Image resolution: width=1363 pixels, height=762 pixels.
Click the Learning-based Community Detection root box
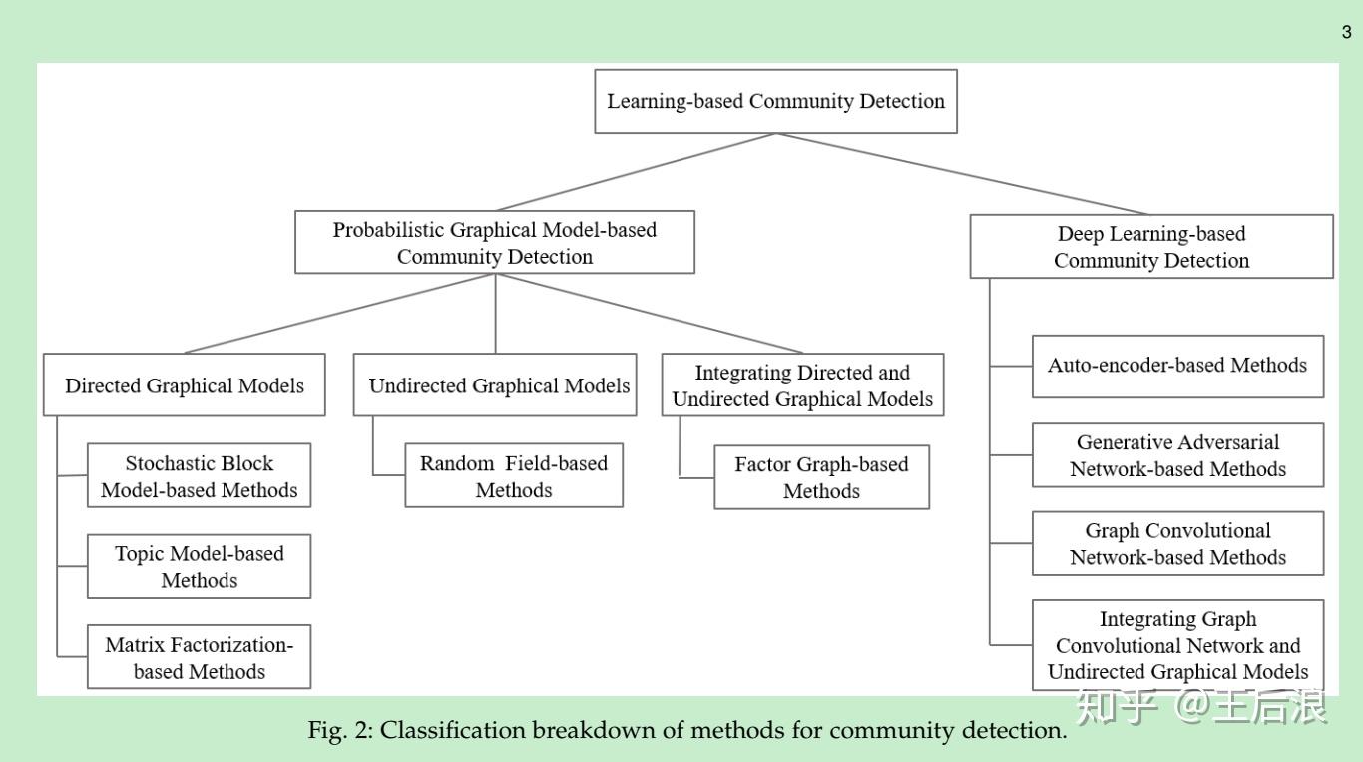[x=775, y=101]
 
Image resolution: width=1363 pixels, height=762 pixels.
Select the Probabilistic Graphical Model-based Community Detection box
[x=495, y=243]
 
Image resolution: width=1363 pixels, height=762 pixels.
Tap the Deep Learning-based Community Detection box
[x=1151, y=247]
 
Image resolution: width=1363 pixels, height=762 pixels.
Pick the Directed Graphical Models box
[x=185, y=385]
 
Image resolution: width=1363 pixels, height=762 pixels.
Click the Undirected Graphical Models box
[x=495, y=385]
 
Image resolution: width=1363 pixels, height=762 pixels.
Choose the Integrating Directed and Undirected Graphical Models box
[x=802, y=385]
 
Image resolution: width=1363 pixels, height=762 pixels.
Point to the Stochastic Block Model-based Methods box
[x=199, y=476]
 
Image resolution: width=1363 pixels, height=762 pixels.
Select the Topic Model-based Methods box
[x=199, y=567]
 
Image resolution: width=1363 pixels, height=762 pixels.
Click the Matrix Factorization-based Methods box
[x=199, y=658]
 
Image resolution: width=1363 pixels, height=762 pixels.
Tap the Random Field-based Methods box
[x=514, y=476]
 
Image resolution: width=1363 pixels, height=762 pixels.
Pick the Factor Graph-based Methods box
[x=821, y=477]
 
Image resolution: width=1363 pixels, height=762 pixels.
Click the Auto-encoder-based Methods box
[x=1177, y=366]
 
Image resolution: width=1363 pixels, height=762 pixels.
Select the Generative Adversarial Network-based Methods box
[x=1177, y=455]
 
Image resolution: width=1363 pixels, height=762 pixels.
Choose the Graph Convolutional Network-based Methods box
[x=1177, y=544]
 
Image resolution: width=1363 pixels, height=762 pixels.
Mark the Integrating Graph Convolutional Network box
[x=1177, y=645]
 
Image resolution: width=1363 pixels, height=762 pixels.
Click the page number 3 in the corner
[x=1346, y=33]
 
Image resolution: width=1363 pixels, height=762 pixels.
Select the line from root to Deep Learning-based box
[x=963, y=174]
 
